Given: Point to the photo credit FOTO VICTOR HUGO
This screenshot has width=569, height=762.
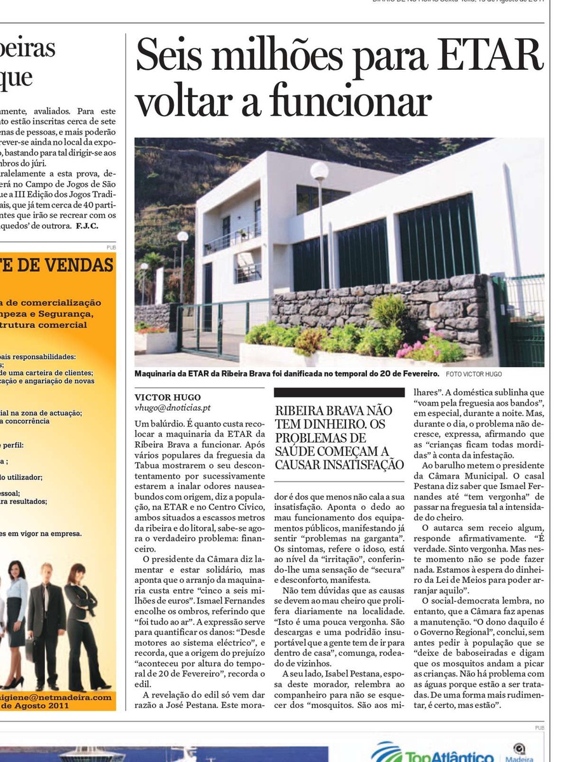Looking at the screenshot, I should (x=473, y=374).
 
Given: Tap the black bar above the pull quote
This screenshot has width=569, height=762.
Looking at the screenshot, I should (x=339, y=392).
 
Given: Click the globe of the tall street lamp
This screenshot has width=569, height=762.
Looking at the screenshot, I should (x=319, y=170).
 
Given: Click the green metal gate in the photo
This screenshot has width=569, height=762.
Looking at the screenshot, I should (x=210, y=328).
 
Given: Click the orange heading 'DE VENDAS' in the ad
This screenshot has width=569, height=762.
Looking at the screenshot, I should (x=64, y=265).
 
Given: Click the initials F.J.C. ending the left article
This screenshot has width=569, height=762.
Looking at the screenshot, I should (x=87, y=225).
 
